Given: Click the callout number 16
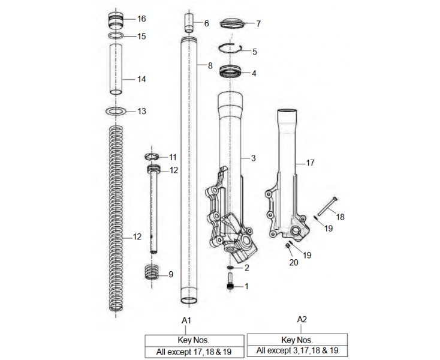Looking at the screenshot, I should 141,19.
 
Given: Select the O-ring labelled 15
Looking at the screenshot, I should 117,36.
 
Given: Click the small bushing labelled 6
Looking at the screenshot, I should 189,23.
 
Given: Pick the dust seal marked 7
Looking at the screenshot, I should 232,24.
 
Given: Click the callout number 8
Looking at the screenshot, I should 210,65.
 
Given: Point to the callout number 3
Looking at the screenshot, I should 254,158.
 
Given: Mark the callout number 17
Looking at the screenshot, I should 310,163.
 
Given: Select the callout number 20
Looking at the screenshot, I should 293,263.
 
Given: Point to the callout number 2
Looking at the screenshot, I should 246,268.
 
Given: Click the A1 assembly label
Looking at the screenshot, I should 186,320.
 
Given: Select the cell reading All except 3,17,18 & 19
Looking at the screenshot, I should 297,351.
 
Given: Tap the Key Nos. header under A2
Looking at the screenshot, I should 297,339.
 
